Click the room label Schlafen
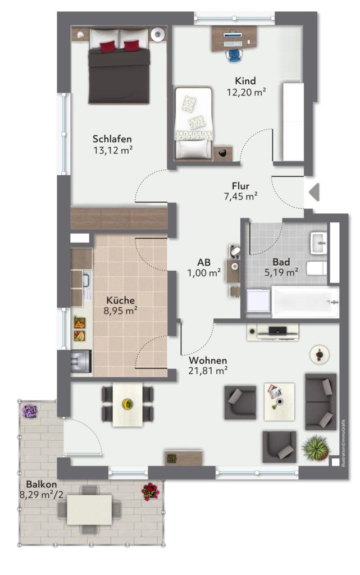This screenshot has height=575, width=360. pos(112,139)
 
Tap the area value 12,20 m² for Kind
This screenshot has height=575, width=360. pos(246,92)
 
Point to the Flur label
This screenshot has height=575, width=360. pos(240,186)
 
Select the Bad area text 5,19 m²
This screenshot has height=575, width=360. pos(281,272)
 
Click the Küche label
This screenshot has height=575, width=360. pos(121,300)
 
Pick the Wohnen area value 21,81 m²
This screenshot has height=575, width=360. pos(208,371)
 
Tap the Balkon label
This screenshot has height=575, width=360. pos(41,485)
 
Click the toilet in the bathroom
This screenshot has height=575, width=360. pos(316,268)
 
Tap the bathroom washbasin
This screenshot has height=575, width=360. pos(318,243)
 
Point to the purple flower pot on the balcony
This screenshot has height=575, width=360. pos(29,411)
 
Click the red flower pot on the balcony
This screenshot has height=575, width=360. pos(151,491)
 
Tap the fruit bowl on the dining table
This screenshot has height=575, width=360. pos(127,404)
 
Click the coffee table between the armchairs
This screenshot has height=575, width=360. pos(279,401)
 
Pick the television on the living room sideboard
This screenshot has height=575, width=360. pos(278,330)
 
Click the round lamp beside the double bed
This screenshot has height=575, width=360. pos(158,34)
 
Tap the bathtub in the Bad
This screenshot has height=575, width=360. pos(305,302)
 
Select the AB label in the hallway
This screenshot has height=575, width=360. pos(204,262)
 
